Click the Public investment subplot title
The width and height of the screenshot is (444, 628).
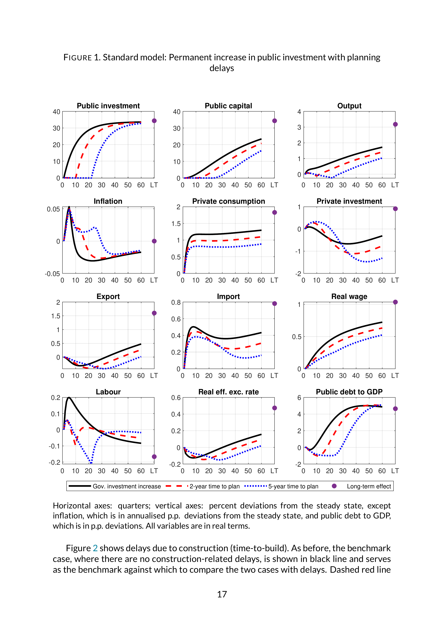[x=108, y=106]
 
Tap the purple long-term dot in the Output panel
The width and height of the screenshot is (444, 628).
[x=395, y=124]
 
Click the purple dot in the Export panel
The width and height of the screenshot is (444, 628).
[x=154, y=313]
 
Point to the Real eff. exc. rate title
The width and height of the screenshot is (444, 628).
[x=229, y=392]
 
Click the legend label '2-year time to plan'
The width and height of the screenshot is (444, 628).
[x=215, y=486]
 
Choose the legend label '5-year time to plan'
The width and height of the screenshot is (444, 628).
[x=293, y=486]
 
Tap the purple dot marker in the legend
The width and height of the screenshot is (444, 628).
[x=334, y=486]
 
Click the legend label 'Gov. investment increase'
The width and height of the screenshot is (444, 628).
[x=127, y=486]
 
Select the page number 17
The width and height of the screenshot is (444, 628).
[x=222, y=594]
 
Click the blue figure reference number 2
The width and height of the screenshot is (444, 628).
[x=95, y=548]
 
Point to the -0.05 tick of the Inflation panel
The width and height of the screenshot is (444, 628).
[x=52, y=274]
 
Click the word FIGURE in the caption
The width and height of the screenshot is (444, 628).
[x=78, y=57]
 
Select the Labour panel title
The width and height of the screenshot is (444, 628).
[x=108, y=392]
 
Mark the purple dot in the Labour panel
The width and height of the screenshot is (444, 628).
[x=154, y=456]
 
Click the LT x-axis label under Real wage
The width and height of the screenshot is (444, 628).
[x=395, y=376]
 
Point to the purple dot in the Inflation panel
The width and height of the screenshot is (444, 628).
[x=154, y=241]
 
